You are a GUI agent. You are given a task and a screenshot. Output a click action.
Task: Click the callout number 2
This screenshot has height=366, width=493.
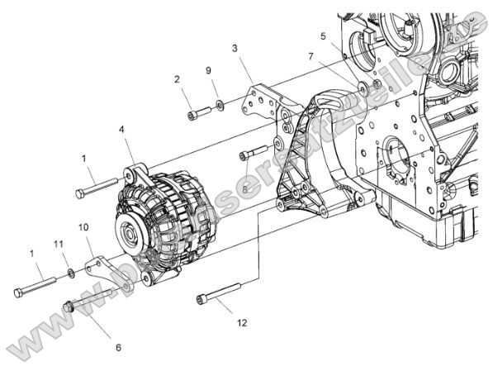tap(177, 79)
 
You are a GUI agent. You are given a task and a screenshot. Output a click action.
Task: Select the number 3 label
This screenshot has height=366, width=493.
tap(235, 50)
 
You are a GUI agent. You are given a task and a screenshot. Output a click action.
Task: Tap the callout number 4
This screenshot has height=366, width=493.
tap(121, 129)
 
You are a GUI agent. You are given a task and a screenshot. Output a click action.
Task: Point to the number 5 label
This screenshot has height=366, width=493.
tap(324, 36)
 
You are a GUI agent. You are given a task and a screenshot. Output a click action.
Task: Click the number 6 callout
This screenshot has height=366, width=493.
tap(118, 348)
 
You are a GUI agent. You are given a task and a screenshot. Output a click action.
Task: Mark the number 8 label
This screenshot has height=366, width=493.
tap(245, 188)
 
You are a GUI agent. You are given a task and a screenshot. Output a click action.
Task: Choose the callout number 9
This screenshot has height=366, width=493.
tap(208, 71)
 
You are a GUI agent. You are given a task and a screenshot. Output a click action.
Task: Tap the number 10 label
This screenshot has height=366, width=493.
tap(83, 226)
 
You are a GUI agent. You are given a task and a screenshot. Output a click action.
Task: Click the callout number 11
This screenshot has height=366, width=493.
tap(59, 244)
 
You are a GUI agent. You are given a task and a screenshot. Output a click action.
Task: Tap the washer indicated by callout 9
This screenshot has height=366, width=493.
tap(219, 104)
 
